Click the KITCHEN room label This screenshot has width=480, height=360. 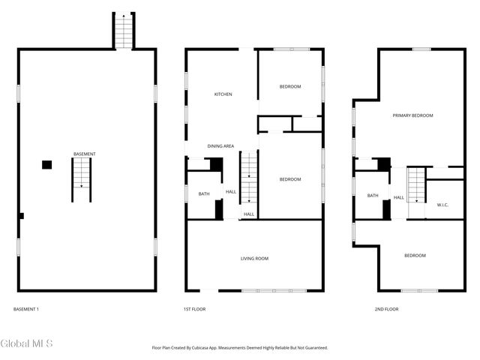pyautogui.click(x=223, y=94)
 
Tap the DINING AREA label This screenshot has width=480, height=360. pyautogui.click(x=220, y=146)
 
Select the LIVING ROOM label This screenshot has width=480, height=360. pyautogui.click(x=254, y=259)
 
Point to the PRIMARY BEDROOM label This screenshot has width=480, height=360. pyautogui.click(x=412, y=115)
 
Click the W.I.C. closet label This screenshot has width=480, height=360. pyautogui.click(x=442, y=205)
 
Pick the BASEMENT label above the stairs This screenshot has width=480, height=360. pyautogui.click(x=85, y=154)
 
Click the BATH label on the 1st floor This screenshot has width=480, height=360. pyautogui.click(x=204, y=193)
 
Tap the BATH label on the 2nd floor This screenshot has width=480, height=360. pyautogui.click(x=373, y=195)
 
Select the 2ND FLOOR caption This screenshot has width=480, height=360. pyautogui.click(x=387, y=309)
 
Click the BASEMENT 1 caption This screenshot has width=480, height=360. pyautogui.click(x=26, y=309)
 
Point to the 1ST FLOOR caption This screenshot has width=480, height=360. pyautogui.click(x=195, y=309)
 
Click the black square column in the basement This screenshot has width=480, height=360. pyautogui.click(x=46, y=165)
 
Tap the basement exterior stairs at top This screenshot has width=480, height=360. pyautogui.click(x=124, y=31)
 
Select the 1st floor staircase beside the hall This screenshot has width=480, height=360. pyautogui.click(x=249, y=177)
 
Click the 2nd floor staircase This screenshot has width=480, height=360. pyautogui.click(x=416, y=185)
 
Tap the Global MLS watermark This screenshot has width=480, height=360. pyautogui.click(x=26, y=343)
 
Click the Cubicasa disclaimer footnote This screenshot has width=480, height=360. pyautogui.click(x=240, y=348)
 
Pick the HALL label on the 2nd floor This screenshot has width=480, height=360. pyautogui.click(x=398, y=198)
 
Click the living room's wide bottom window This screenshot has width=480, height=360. pyautogui.click(x=274, y=290)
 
